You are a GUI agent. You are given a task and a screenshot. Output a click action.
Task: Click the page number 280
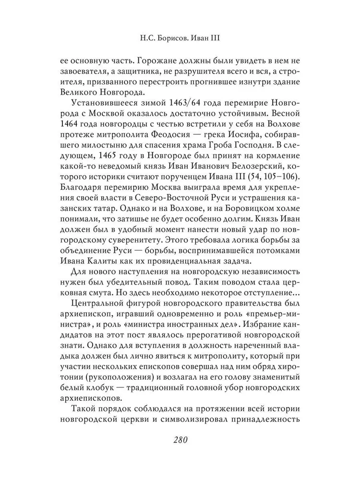pyautogui.click(x=180, y=440)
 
